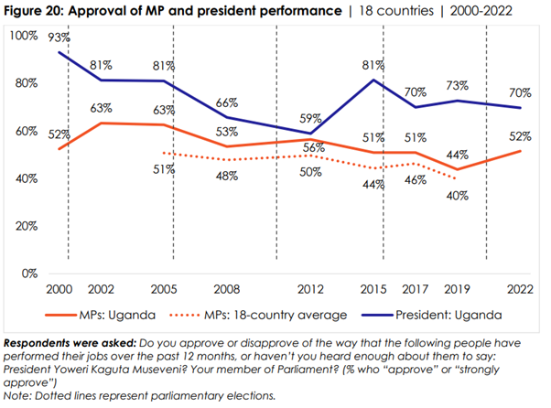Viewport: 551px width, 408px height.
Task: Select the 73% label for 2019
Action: (x=457, y=85)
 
